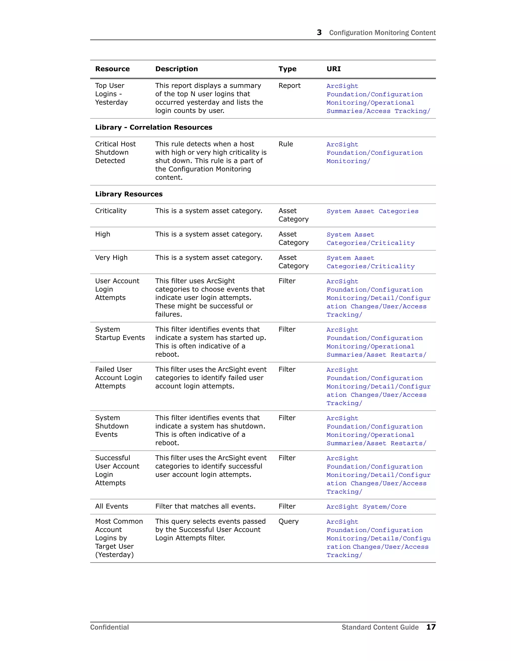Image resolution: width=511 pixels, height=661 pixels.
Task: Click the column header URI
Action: click(x=333, y=69)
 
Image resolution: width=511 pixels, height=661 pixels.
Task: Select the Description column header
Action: click(x=176, y=69)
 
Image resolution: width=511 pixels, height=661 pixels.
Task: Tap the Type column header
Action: click(x=287, y=69)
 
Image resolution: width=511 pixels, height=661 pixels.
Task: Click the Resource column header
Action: click(x=112, y=69)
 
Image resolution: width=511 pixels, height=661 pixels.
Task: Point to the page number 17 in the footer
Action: click(x=431, y=627)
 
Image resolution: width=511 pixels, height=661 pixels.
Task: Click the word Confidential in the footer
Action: click(x=109, y=627)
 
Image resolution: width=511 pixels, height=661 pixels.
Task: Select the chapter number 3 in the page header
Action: click(x=319, y=32)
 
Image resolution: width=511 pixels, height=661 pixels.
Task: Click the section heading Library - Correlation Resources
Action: click(x=153, y=127)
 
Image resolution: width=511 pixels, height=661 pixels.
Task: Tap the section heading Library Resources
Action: click(x=129, y=194)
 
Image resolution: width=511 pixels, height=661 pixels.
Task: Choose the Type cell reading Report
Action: click(x=289, y=86)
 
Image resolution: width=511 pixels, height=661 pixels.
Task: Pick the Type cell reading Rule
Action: click(x=285, y=144)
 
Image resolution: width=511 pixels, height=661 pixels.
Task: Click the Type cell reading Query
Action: click(x=288, y=521)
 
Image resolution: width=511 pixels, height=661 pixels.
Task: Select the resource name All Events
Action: click(x=111, y=506)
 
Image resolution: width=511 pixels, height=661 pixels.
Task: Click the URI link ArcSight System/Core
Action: click(x=366, y=507)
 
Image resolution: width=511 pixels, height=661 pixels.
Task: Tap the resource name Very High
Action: click(x=111, y=258)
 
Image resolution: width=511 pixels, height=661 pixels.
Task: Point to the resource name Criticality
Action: click(x=111, y=211)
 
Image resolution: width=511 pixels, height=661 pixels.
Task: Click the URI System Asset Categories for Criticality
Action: click(x=372, y=211)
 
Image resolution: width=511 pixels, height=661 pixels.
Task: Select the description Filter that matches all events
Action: click(x=205, y=506)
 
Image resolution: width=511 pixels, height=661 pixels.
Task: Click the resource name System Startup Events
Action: click(x=120, y=333)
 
